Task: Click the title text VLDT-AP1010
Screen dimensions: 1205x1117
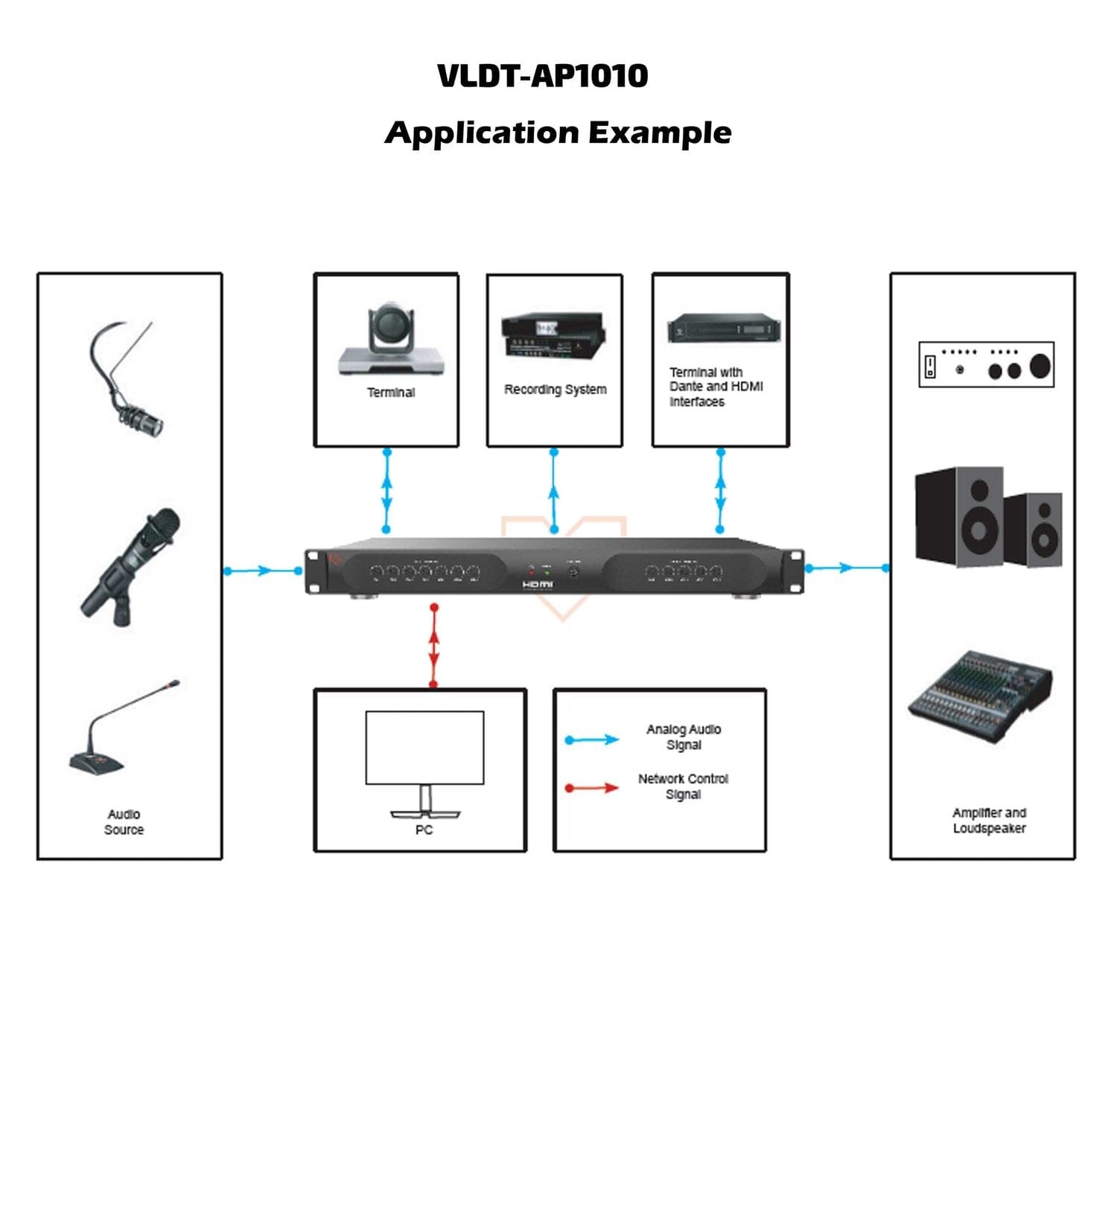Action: pos(542,76)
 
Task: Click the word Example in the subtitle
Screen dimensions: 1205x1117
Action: pos(660,133)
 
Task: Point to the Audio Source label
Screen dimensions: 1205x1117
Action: pos(124,822)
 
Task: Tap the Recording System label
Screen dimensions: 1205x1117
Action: pos(555,390)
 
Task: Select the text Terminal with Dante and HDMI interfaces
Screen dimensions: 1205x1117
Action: pos(715,387)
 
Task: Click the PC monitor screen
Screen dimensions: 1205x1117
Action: pos(424,747)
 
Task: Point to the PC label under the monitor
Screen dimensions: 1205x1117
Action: pos(424,830)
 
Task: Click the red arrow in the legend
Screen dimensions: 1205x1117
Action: pos(592,788)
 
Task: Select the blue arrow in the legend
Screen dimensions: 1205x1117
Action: pos(592,740)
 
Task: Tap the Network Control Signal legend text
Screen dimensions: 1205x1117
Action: pos(683,786)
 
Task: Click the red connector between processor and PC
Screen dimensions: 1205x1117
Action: pos(434,646)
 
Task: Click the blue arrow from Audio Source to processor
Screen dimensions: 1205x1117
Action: pos(262,571)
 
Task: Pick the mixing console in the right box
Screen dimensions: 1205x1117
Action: pos(980,696)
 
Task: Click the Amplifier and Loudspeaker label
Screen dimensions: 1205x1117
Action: pos(989,821)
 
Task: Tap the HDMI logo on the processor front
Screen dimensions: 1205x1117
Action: pos(537,585)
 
